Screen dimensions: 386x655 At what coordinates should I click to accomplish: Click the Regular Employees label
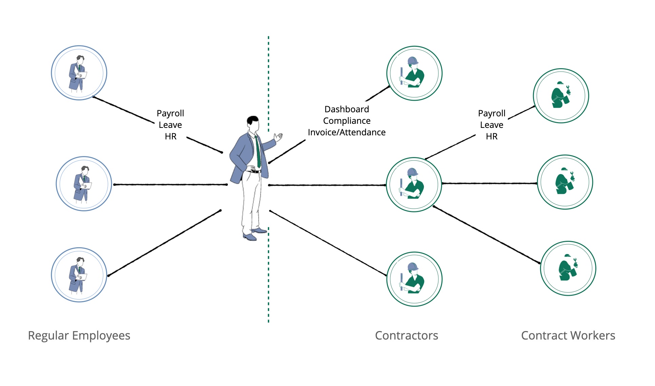coord(79,335)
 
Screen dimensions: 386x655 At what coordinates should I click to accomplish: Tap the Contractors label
coord(406,335)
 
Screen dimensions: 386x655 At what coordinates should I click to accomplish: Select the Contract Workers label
coord(568,335)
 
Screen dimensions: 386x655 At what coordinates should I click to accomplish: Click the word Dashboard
coord(346,109)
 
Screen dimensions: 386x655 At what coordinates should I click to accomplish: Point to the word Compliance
coord(346,121)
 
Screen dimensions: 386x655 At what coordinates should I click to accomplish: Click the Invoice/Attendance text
coord(346,132)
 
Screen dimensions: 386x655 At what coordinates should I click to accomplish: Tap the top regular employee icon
coord(79,73)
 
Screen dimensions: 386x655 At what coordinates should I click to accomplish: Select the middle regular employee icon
coord(84,184)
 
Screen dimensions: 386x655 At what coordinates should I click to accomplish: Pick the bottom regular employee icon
coord(79,275)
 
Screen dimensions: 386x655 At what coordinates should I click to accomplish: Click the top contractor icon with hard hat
coord(414,73)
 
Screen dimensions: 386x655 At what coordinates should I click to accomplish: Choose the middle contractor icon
coord(414,185)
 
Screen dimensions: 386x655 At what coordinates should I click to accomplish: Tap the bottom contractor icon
coord(414,279)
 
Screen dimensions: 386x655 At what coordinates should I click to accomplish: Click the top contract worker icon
coord(561,96)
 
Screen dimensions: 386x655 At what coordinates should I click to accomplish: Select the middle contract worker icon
coord(565,182)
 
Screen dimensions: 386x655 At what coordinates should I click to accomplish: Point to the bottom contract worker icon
coord(568,268)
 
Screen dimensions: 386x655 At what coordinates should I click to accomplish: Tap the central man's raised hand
coord(278,137)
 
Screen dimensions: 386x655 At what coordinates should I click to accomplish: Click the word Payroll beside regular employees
coord(170,113)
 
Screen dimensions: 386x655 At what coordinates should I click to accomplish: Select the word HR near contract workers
coord(492,136)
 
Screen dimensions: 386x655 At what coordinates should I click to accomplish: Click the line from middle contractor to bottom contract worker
coord(487,234)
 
